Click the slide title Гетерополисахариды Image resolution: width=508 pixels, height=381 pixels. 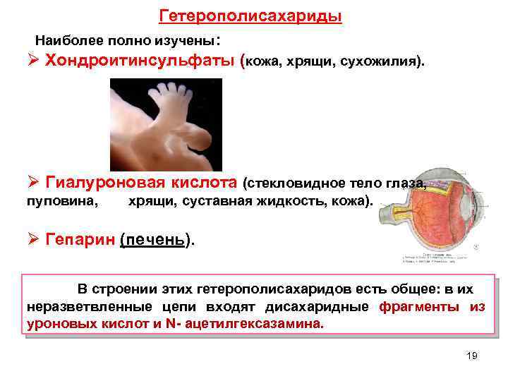tap(251, 16)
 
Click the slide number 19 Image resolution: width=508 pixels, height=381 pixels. tap(472, 356)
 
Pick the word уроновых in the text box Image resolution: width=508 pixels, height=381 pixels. tap(55, 324)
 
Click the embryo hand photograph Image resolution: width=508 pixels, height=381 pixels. tap(166, 125)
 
